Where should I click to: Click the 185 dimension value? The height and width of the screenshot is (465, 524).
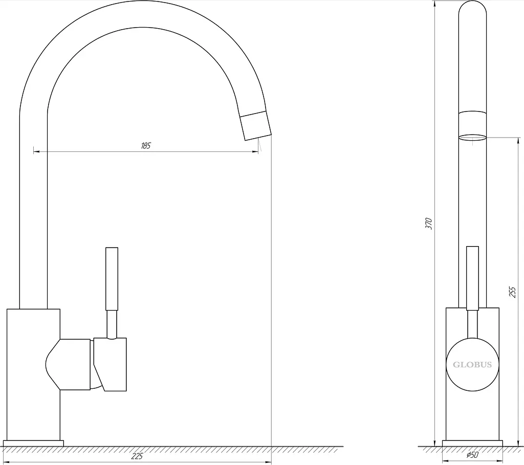146,146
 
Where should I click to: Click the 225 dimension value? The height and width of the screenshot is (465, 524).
137,456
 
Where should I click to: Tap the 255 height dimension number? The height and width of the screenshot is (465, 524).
513,292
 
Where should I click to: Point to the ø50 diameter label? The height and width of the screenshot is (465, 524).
472,455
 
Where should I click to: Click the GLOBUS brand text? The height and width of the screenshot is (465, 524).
472,365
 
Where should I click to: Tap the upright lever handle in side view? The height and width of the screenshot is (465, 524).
112,279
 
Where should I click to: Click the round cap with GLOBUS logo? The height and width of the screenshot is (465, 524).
472,364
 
